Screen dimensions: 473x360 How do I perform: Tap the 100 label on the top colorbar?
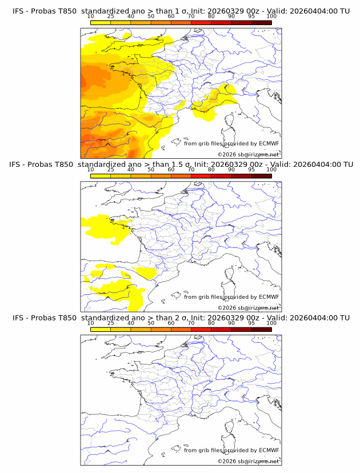point(271,17)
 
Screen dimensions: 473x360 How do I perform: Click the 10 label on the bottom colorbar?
point(90,323)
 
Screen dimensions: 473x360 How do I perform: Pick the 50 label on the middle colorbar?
point(151,170)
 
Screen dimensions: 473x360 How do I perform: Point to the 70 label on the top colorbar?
point(191,17)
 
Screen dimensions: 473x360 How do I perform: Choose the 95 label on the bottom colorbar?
point(251,323)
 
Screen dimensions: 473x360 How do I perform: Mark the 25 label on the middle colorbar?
point(110,170)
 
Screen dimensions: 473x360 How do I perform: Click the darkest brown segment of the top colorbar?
point(261,22)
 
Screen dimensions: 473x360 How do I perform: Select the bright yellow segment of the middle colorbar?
point(100,175)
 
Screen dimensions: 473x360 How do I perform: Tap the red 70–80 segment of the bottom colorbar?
point(201,329)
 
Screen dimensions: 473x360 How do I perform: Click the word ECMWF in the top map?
point(269,144)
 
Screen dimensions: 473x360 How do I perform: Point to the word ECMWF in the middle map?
point(269,297)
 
